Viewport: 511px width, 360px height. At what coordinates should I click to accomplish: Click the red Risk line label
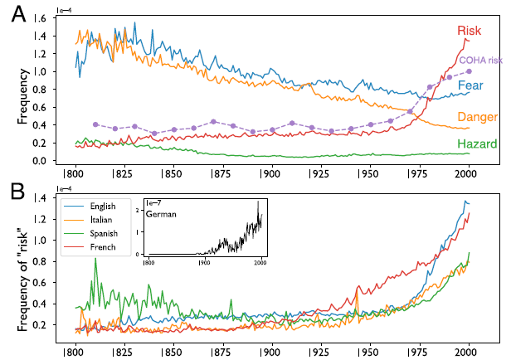pyautogui.click(x=470, y=31)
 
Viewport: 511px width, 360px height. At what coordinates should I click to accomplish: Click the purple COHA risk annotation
pyautogui.click(x=481, y=60)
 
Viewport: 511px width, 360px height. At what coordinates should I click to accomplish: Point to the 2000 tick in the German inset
pyautogui.click(x=260, y=262)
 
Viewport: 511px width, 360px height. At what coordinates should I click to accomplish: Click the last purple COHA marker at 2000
pyautogui.click(x=469, y=71)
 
